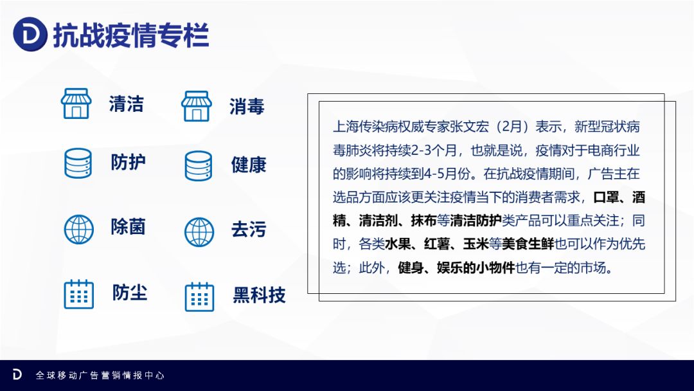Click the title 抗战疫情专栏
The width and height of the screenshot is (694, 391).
pos(131,35)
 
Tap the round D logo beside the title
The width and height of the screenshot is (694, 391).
pos(30,34)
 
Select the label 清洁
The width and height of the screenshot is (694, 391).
pos(127,104)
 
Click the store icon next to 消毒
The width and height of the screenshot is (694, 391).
pos(197,106)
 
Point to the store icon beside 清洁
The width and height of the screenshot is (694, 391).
pos(76,104)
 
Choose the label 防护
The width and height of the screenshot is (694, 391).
pos(129,162)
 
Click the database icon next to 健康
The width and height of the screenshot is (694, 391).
pos(199,166)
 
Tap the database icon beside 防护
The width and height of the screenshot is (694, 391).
pos(78,163)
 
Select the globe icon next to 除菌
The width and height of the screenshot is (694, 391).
pos(79,230)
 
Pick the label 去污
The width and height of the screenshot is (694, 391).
pos(249,230)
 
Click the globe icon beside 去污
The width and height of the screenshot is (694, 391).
pos(199,232)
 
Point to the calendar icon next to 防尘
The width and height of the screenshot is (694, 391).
pos(79,294)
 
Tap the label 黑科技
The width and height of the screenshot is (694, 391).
pos(260,295)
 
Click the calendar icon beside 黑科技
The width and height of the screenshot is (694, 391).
pos(199,296)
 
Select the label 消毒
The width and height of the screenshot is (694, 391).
pos(247,106)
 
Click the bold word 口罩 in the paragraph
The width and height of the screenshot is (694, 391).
pos(606,197)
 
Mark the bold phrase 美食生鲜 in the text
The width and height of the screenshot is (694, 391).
pos(528,244)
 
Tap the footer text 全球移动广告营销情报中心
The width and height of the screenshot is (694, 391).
pos(100,376)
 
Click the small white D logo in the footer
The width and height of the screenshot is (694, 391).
pos(17,375)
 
